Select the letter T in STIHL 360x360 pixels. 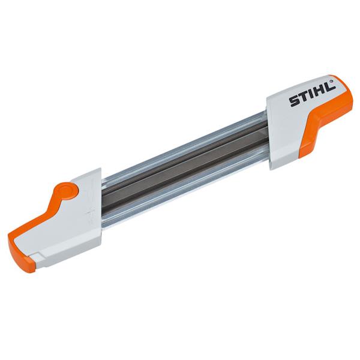(x=304, y=100)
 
